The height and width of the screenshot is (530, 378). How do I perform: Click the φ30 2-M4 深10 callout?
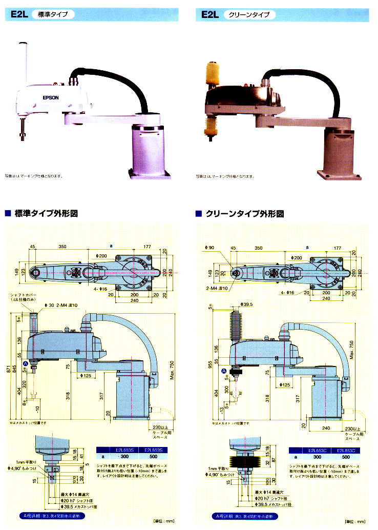(60, 305)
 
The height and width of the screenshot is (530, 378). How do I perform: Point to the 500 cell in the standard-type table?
(153, 457)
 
